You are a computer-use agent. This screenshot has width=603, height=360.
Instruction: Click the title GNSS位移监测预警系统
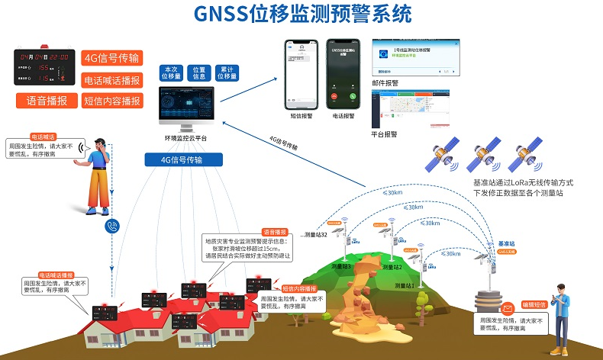pos(301,14)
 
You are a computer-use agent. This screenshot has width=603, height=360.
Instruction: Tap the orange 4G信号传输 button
pos(112,59)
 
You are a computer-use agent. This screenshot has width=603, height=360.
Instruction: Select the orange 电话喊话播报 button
pos(112,80)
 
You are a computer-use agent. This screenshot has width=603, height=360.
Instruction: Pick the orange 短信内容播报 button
pos(112,101)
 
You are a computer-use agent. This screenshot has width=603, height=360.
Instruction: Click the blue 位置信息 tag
pos(199,72)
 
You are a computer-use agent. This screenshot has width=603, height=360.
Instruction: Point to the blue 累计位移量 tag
pos(227,72)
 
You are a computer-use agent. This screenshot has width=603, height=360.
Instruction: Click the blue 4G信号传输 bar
pos(184,160)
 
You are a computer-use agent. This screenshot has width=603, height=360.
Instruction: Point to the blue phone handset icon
pos(112,227)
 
